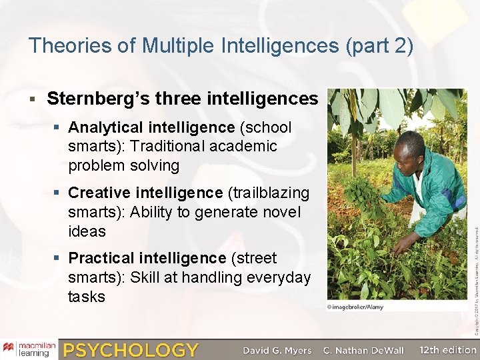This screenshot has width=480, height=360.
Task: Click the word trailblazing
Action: (x=270, y=193)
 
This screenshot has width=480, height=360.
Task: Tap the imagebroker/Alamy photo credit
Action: (x=355, y=307)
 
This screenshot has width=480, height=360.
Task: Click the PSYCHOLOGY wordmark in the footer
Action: (x=131, y=350)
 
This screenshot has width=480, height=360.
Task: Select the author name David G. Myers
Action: (x=277, y=350)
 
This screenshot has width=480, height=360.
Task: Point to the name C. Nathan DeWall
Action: (x=363, y=350)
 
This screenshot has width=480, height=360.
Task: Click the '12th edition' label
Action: (x=448, y=350)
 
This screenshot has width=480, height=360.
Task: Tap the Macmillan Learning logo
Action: (x=29, y=349)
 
